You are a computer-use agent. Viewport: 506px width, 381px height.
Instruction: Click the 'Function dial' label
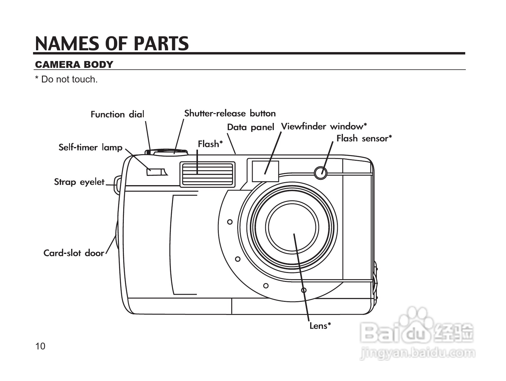click(x=117, y=114)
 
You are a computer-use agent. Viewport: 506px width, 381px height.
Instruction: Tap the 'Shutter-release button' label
click(x=230, y=113)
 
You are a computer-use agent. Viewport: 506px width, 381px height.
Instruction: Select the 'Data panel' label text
click(x=250, y=127)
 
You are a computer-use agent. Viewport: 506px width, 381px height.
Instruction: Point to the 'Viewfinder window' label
click(x=324, y=127)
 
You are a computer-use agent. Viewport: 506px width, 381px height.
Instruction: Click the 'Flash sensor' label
click(x=364, y=138)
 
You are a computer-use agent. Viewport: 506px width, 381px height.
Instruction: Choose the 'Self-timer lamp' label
click(x=90, y=147)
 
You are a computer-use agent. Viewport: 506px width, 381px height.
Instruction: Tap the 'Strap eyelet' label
click(x=79, y=182)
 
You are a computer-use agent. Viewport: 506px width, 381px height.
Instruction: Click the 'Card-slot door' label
click(x=74, y=253)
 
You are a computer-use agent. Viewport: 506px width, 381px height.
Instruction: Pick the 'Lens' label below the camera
click(x=320, y=326)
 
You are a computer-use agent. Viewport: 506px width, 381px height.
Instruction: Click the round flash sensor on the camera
click(x=321, y=172)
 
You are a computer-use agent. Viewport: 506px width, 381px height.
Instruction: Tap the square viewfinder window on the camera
click(x=265, y=171)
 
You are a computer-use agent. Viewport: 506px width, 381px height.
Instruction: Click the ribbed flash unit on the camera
click(x=207, y=174)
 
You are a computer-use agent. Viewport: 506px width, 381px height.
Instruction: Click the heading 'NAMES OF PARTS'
click(x=112, y=43)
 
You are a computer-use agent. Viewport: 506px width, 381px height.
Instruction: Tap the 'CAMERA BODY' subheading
click(x=74, y=65)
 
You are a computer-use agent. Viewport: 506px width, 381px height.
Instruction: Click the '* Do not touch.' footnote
click(x=66, y=79)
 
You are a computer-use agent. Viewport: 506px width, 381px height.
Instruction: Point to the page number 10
click(x=40, y=346)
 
